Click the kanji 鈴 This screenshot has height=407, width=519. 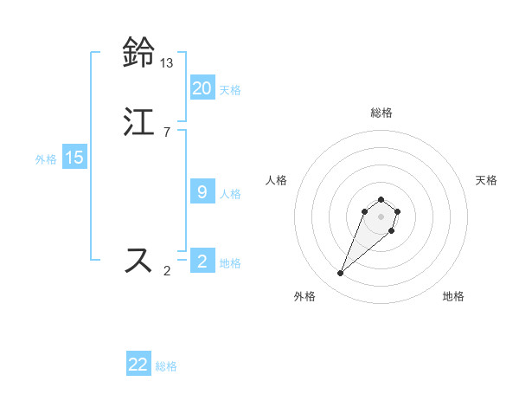(138, 54)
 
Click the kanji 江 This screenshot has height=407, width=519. (138, 121)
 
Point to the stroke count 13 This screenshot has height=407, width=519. (167, 63)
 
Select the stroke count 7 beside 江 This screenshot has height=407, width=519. (167, 132)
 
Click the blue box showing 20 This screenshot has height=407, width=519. (202, 88)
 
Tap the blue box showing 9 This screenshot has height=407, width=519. (202, 192)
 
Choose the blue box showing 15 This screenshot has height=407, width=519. (74, 158)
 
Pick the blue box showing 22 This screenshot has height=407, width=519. (138, 365)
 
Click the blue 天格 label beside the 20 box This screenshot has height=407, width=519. (230, 90)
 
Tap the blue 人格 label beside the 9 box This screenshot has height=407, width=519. (230, 194)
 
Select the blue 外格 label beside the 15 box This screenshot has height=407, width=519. (46, 159)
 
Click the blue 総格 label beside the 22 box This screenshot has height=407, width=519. (166, 366)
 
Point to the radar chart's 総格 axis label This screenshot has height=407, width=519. (381, 113)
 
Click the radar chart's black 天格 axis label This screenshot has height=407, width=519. (486, 180)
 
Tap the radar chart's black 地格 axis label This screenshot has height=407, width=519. (453, 296)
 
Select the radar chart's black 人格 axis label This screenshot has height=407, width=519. (276, 180)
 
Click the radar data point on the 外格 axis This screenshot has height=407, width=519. (340, 274)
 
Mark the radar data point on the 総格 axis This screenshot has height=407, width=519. (381, 200)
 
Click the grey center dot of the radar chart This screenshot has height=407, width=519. (381, 216)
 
